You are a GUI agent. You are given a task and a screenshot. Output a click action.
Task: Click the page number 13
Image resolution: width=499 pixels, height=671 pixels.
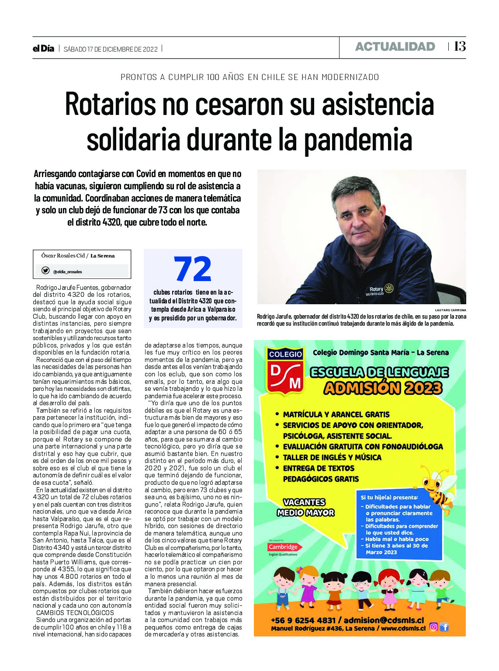(460, 46)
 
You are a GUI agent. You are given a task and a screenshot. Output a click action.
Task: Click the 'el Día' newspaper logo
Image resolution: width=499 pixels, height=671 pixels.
(43, 49)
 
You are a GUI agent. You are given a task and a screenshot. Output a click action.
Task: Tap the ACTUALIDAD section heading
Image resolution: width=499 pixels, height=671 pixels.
(395, 47)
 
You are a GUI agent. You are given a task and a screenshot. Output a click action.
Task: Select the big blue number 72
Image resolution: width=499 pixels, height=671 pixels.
(193, 269)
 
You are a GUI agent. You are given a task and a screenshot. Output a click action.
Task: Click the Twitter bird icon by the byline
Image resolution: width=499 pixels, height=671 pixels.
(45, 271)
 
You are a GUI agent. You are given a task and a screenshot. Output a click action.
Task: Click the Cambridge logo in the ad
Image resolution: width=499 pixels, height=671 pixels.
(283, 547)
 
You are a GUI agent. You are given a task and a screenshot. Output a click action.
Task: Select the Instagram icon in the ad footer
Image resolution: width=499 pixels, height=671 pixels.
(433, 627)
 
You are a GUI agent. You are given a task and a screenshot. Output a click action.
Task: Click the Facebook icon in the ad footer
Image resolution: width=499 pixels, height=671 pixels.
(444, 627)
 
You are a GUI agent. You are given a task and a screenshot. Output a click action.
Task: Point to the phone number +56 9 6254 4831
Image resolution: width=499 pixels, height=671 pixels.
(303, 620)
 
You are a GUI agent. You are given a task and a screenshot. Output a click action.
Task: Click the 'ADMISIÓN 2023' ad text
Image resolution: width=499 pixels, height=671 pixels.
(383, 388)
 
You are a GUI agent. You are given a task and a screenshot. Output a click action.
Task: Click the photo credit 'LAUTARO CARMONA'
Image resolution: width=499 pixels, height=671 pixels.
(450, 310)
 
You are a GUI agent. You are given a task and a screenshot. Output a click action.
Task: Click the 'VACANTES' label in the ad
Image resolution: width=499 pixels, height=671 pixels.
(304, 502)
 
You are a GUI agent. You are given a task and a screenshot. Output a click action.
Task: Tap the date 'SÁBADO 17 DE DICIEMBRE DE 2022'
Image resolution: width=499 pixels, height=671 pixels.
(111, 49)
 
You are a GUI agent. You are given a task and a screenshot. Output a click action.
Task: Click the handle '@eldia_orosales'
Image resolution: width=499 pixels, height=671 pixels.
(68, 272)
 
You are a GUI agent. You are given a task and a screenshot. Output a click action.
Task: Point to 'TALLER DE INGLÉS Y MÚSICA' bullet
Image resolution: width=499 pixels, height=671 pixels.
(332, 457)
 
